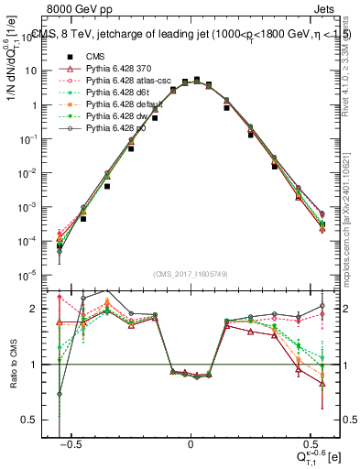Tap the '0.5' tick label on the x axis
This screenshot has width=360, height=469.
coord(310,446)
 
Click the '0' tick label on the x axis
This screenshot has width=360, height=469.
coord(191,446)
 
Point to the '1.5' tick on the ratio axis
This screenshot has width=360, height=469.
coord(38,336)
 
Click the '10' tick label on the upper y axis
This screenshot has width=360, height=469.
coord(35,71)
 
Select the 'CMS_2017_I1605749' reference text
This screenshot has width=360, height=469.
coord(190,273)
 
